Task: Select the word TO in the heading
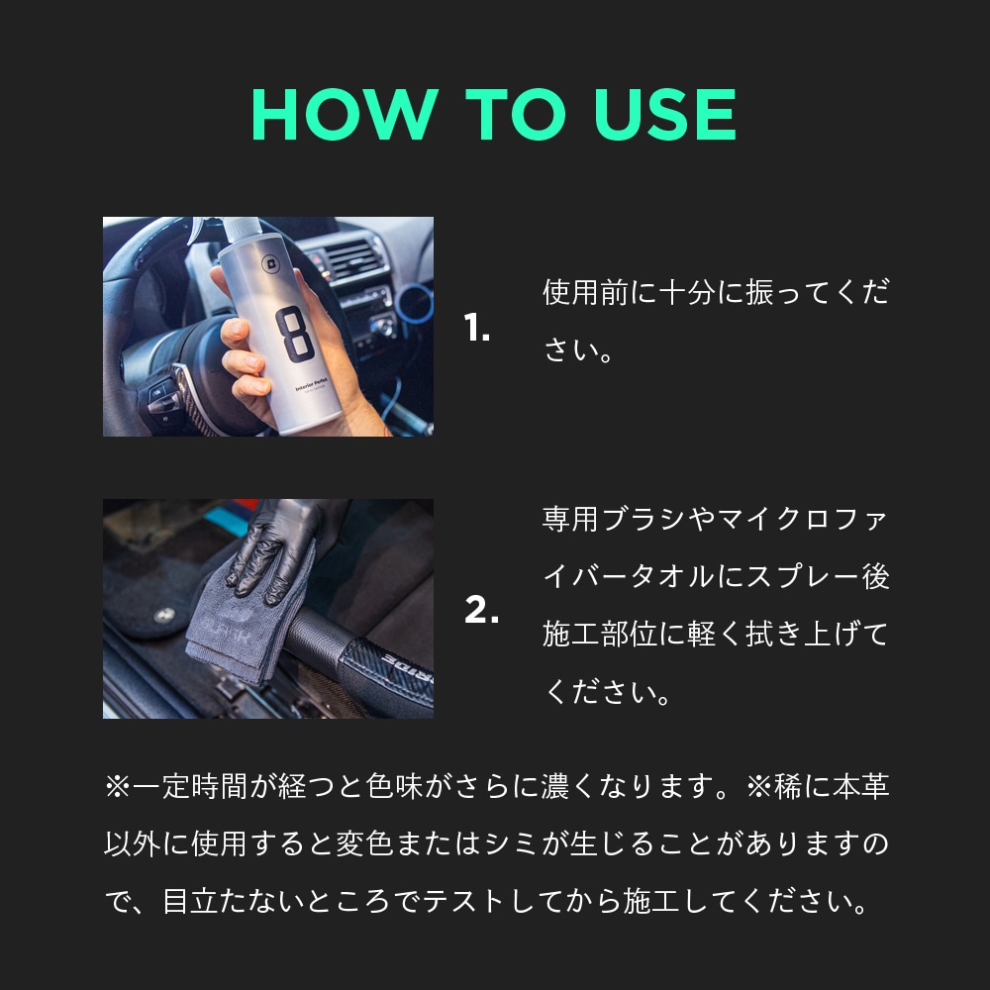pos(512,116)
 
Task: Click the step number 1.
pos(477,330)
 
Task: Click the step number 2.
pos(481,611)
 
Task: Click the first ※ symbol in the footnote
pos(117,788)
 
